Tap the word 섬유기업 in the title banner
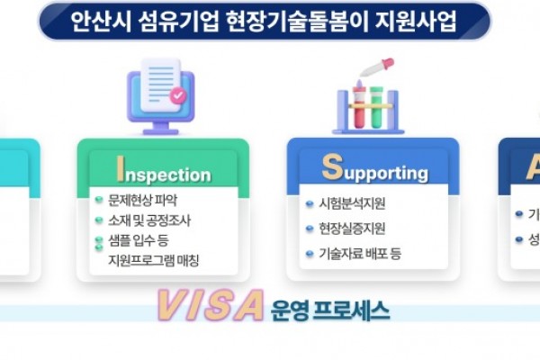(x=168, y=21)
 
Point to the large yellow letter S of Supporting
(x=332, y=167)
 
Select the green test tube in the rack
(x=377, y=103)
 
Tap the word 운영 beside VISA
(x=288, y=310)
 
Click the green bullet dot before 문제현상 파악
(x=100, y=200)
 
